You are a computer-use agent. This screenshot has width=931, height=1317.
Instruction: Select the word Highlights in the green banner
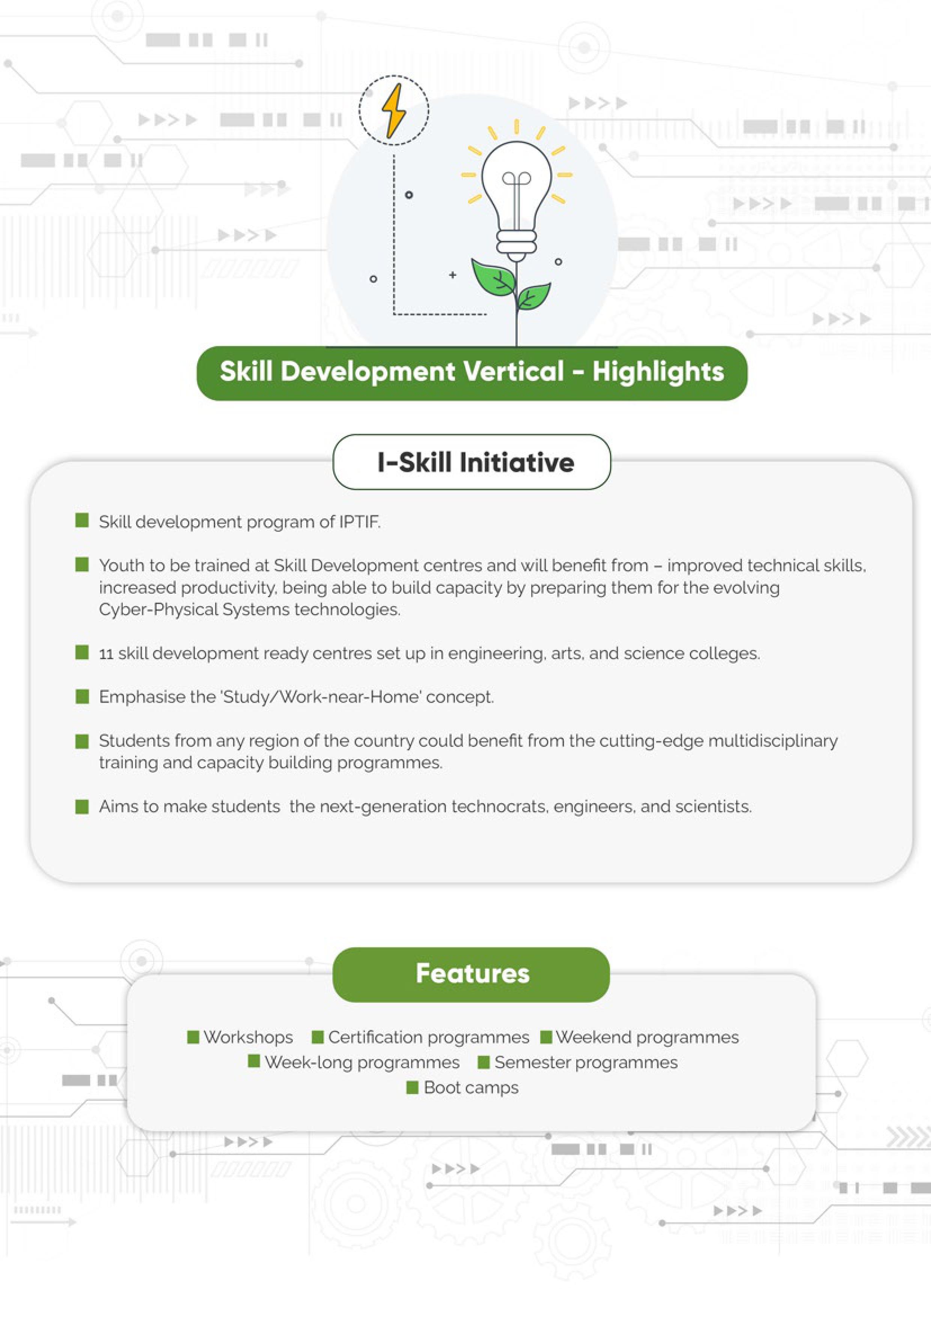(658, 372)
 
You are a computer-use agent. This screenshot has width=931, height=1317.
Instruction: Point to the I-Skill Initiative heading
(476, 462)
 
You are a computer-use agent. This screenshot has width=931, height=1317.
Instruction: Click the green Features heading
(472, 974)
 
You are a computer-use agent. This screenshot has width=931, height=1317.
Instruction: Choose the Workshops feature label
(248, 1037)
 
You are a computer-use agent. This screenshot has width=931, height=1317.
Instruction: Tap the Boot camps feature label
(471, 1088)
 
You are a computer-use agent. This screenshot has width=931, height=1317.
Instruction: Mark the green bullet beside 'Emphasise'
(82, 696)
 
